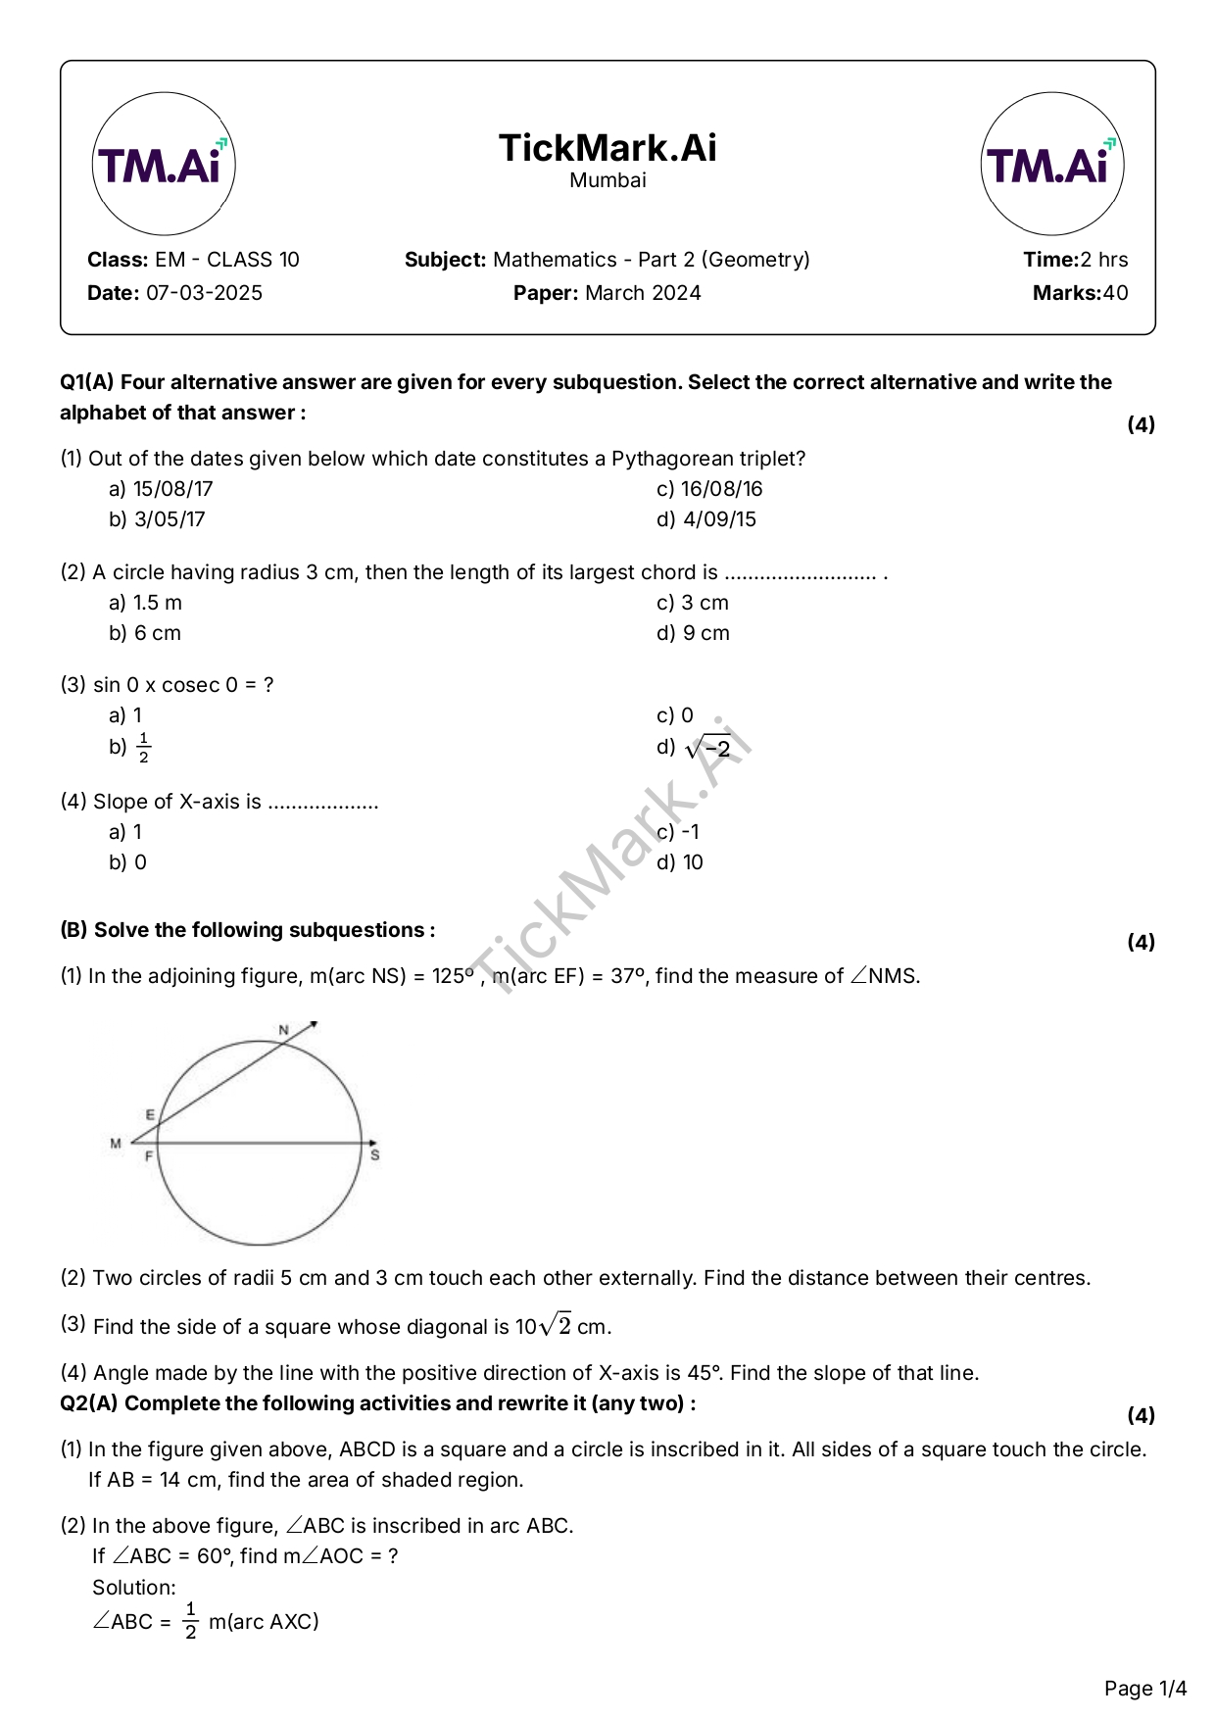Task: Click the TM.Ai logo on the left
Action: (x=164, y=164)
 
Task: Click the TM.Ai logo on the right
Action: (x=1051, y=164)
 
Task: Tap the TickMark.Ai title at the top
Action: (x=607, y=148)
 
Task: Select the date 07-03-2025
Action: (x=204, y=293)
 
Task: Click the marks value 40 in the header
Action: (x=1115, y=293)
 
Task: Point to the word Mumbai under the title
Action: (x=607, y=180)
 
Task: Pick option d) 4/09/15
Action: (x=706, y=519)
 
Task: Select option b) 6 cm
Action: (x=145, y=633)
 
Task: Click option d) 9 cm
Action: (x=693, y=633)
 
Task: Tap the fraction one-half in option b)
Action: (x=144, y=748)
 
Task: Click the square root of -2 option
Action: (x=708, y=749)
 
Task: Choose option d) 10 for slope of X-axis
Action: (x=680, y=862)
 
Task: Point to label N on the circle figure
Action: (x=284, y=1030)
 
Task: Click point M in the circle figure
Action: (x=116, y=1143)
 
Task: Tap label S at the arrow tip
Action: (x=375, y=1155)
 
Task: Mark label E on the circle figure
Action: (x=150, y=1115)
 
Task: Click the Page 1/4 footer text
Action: (x=1144, y=1689)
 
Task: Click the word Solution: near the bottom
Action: (x=134, y=1588)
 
